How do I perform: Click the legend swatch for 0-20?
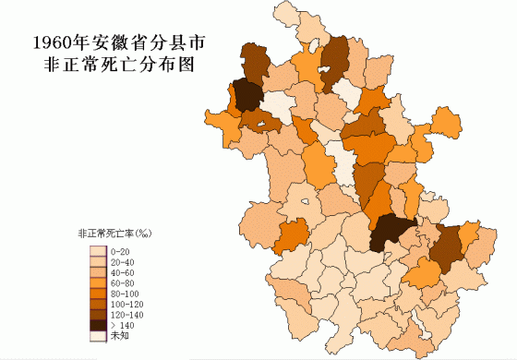97,251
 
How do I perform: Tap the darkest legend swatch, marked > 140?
97,325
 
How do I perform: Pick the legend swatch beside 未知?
97,337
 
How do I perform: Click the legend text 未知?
119,337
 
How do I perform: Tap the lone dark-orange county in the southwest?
293,235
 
